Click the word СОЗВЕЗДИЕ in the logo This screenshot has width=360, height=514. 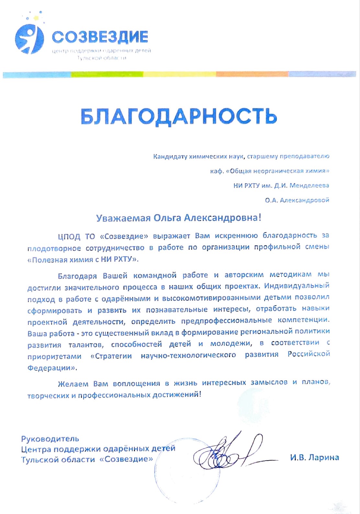coord(100,37)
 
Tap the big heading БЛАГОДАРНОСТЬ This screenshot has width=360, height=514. coord(179,116)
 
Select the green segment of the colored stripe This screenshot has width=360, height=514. coord(107,74)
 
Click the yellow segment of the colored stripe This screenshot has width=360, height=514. coord(179,74)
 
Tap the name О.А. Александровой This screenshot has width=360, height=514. coord(297,200)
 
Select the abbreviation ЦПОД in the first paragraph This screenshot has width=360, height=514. coord(69,237)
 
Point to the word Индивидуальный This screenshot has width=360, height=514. coord(297,286)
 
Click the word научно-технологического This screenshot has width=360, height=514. coord(188,355)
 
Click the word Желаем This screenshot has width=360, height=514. coord(73,384)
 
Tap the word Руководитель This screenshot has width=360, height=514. coord(50,439)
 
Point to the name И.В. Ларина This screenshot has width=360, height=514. coord(314,457)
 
